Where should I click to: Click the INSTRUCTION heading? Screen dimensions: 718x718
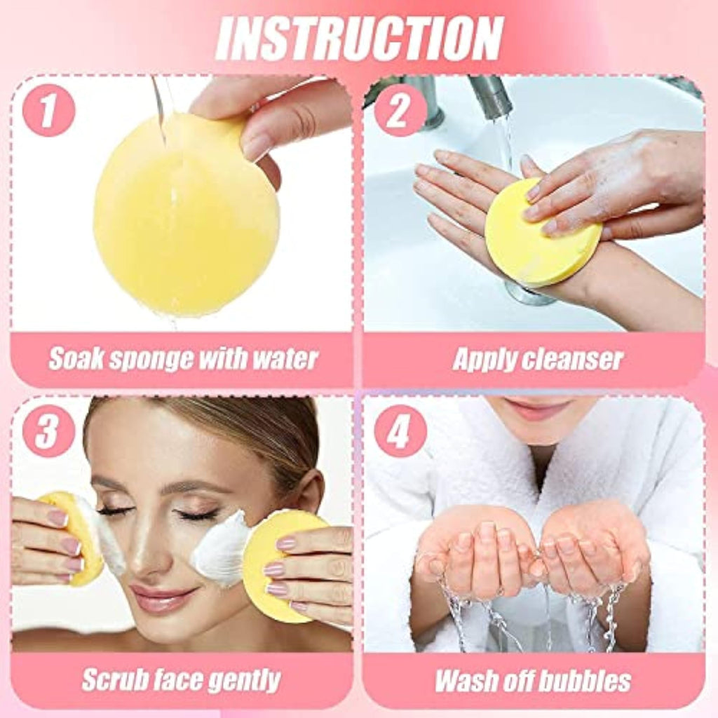pyautogui.click(x=360, y=39)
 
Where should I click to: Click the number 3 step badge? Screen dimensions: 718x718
pyautogui.click(x=48, y=431)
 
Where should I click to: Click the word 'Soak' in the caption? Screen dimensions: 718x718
pyautogui.click(x=76, y=358)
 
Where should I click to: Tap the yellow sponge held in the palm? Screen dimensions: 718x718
pyautogui.click(x=541, y=236)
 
